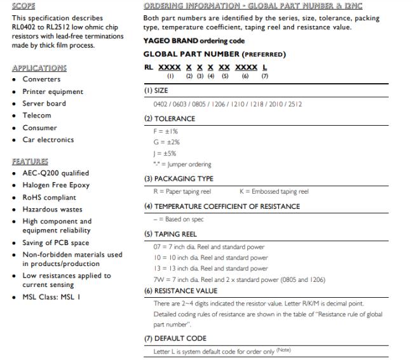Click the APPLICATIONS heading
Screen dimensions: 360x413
pos(39,67)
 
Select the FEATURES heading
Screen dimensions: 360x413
pos(30,161)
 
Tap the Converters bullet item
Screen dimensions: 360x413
pos(41,79)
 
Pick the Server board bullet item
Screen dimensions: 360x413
pos(44,103)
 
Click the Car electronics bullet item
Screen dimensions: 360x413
pos(48,140)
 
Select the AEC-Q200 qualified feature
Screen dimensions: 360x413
pos(55,173)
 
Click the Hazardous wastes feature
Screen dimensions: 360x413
pos(53,209)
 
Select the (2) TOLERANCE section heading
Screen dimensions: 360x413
pos(170,118)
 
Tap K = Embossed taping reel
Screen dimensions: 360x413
pos(274,191)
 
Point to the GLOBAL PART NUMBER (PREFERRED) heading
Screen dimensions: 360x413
pos(215,55)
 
